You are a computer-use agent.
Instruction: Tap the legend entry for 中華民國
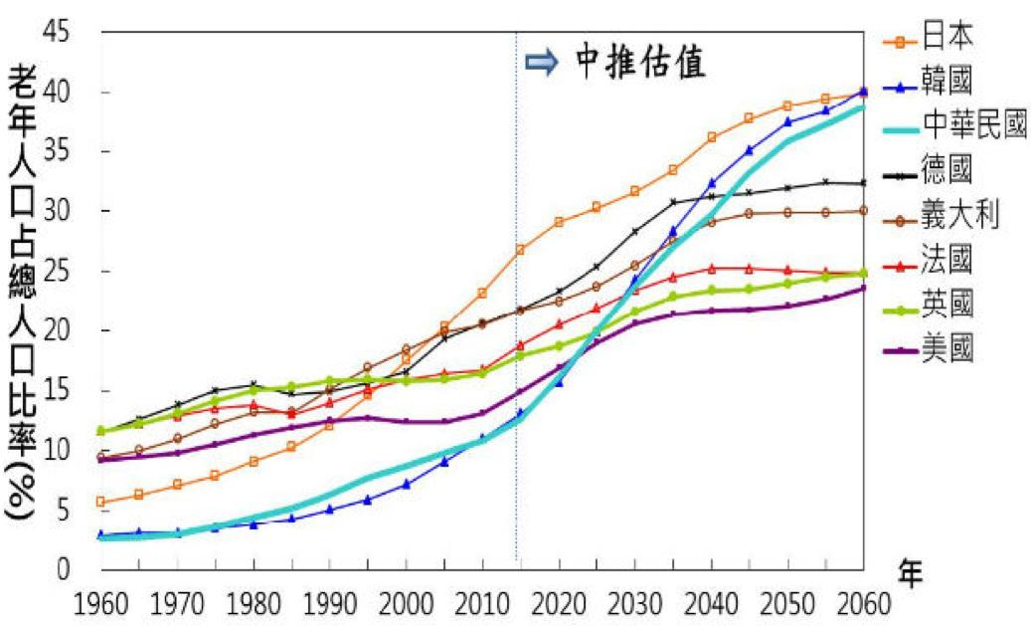(973, 125)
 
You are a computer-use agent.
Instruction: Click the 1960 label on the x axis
(99, 604)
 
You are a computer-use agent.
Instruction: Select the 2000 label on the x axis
(406, 604)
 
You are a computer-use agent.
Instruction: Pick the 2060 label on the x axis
(861, 604)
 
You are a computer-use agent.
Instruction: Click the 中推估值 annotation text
(641, 62)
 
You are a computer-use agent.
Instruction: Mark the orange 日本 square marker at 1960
(100, 502)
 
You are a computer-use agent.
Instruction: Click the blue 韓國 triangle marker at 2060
(862, 92)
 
